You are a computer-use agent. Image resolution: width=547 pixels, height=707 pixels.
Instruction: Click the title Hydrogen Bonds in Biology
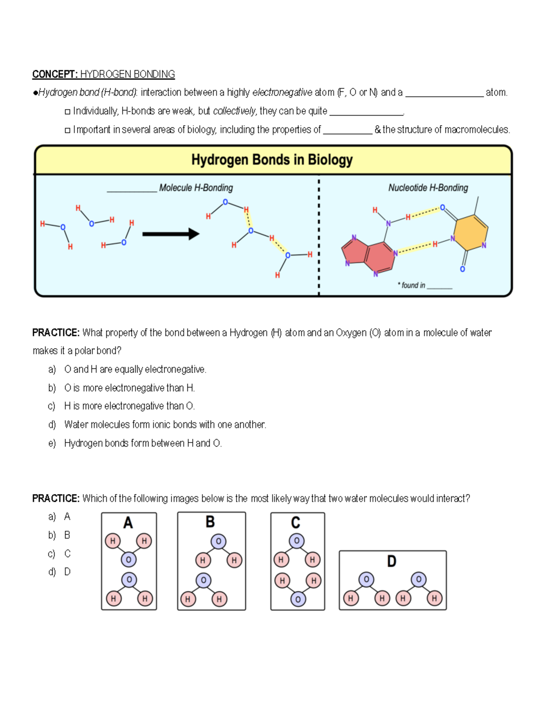click(x=272, y=160)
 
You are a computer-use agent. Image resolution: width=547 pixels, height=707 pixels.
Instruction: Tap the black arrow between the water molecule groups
click(x=171, y=234)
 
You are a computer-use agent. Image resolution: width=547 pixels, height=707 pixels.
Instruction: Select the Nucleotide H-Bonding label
click(x=428, y=188)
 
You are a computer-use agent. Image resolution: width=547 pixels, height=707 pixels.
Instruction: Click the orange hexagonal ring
click(x=471, y=233)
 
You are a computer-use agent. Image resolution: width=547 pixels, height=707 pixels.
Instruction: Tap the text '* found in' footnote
click(x=411, y=285)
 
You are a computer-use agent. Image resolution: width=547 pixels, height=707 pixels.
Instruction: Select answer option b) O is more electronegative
click(x=129, y=388)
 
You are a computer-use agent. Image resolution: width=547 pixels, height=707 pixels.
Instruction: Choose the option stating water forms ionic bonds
click(x=165, y=425)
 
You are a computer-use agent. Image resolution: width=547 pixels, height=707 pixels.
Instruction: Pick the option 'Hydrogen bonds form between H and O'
click(x=143, y=443)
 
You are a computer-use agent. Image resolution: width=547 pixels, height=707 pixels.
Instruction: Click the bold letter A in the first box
click(x=128, y=523)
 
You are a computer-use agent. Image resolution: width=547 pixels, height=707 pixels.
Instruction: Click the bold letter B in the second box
click(x=210, y=522)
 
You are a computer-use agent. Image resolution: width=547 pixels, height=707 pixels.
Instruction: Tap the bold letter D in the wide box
click(x=392, y=561)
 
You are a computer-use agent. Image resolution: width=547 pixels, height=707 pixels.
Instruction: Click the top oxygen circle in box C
click(x=297, y=541)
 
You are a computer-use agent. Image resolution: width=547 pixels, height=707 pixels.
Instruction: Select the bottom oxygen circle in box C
click(x=298, y=599)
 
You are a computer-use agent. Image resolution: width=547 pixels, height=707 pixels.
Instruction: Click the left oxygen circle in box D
click(x=366, y=580)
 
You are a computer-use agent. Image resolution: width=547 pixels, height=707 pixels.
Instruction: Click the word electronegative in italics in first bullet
click(x=282, y=92)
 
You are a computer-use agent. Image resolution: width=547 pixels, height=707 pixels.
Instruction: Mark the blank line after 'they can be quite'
click(x=366, y=112)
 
